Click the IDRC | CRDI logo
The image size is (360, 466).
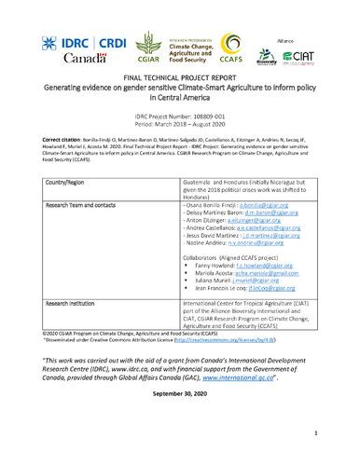coord(70,41)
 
